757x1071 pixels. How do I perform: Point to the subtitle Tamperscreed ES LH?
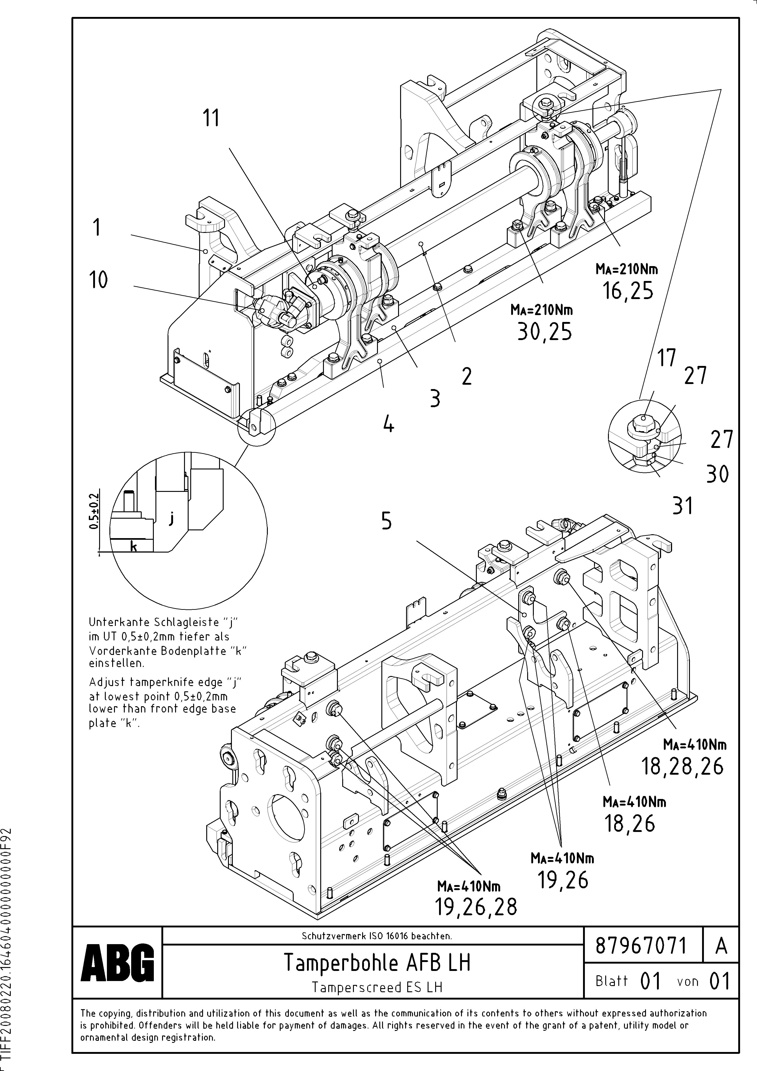(377, 987)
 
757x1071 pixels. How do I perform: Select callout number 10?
(98, 280)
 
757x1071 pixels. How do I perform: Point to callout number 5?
(386, 521)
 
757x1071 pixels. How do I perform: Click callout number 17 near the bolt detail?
(666, 358)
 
